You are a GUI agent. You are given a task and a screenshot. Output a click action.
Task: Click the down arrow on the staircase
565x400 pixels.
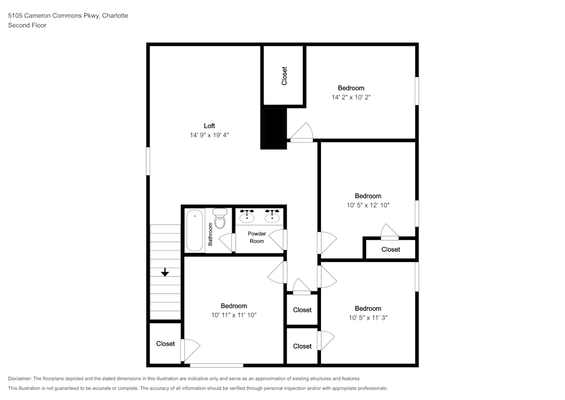[165, 273]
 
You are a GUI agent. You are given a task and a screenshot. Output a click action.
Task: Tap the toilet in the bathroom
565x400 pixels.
[220, 218]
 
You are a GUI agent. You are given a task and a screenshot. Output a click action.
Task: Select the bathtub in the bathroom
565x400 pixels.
[195, 231]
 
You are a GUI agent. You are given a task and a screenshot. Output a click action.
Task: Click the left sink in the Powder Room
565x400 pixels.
[247, 216]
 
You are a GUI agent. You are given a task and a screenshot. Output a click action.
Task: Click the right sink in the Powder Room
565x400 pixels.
[273, 216]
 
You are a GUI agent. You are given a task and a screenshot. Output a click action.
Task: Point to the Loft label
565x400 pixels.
[209, 126]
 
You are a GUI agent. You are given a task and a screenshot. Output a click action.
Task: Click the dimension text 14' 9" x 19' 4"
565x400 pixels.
[209, 135]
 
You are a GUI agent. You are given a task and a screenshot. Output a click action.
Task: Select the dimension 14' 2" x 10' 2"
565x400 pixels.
[351, 97]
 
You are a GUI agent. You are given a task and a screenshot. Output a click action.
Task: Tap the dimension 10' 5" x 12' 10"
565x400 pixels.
[368, 205]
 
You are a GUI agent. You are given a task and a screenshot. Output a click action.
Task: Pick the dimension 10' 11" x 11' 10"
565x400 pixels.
[233, 315]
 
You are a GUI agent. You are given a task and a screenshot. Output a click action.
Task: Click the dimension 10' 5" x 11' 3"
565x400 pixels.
[368, 317]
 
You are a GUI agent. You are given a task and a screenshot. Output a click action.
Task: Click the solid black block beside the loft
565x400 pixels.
[275, 128]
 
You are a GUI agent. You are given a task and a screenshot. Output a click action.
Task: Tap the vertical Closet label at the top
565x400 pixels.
[284, 76]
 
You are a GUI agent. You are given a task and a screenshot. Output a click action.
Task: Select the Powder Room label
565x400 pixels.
[257, 237]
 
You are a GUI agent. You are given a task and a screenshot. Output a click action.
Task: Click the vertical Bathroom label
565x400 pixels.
[210, 234]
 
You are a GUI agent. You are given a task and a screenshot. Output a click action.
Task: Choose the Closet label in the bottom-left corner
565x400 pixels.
[166, 343]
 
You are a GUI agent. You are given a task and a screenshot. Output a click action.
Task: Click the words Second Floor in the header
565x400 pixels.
[27, 25]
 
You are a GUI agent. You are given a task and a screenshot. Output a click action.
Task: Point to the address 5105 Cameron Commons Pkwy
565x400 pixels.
[54, 16]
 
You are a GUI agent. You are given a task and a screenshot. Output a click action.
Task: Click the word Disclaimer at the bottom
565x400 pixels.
[20, 379]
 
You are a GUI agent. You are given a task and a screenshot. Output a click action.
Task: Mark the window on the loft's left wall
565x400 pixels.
[148, 161]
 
